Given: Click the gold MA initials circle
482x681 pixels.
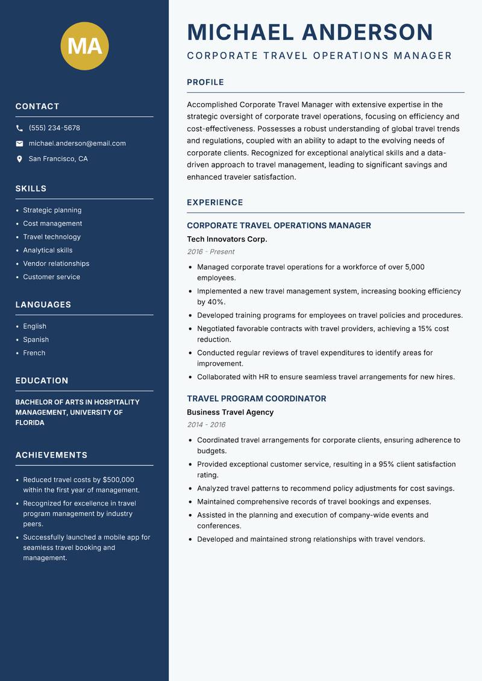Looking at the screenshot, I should tap(85, 46).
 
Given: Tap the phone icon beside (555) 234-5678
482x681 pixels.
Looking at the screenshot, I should tap(19, 128).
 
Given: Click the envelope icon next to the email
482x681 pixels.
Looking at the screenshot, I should tap(19, 143).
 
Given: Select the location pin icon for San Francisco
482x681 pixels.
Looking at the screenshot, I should tap(19, 159).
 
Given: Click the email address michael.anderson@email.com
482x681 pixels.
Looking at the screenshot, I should tap(77, 143).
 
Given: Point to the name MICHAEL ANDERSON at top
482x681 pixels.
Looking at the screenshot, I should tap(310, 32).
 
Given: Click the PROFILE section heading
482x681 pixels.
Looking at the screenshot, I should tap(205, 83).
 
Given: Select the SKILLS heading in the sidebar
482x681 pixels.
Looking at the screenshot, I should tap(31, 189).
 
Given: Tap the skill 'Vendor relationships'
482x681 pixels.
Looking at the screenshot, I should tap(56, 263).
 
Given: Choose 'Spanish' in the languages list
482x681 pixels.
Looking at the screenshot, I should tap(36, 339).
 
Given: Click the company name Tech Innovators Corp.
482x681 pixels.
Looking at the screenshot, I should tap(227, 239).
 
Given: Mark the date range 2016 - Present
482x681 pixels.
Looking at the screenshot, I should tap(210, 252).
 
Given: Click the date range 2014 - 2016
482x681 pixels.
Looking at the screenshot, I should tap(206, 425).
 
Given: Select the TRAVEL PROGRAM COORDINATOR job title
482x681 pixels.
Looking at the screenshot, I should tap(257, 398).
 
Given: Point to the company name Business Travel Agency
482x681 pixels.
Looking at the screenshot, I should tap(230, 412).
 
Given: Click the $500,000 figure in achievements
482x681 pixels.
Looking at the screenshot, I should tap(118, 480).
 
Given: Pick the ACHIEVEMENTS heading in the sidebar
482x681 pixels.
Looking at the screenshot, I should tap(51, 455).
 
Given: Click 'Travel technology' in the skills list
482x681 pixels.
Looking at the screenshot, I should tap(52, 237).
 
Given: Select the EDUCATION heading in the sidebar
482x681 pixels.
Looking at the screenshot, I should tap(42, 381).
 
